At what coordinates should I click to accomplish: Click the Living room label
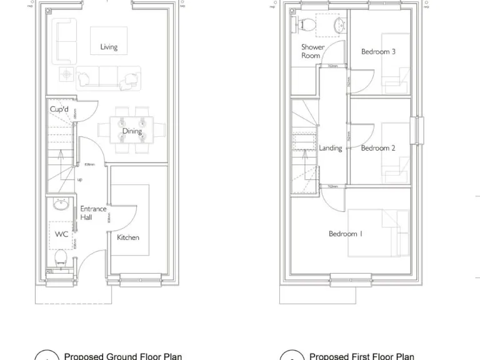[109, 47]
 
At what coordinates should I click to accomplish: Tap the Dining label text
[132, 131]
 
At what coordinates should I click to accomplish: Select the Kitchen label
[128, 237]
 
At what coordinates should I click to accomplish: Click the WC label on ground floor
[61, 234]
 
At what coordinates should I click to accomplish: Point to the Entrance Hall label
[93, 213]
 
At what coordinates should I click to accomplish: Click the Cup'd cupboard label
[59, 109]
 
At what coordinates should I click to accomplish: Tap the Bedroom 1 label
[346, 234]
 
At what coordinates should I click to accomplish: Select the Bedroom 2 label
[378, 148]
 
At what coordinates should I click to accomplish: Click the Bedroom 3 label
[378, 52]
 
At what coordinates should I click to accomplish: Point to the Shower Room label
[312, 51]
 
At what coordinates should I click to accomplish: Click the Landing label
[331, 148]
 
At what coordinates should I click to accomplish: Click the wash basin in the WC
[61, 204]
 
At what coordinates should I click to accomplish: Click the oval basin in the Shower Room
[338, 25]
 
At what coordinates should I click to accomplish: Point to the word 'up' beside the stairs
[79, 179]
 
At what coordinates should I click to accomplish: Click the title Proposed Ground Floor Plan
[123, 356]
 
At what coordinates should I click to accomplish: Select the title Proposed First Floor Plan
[362, 356]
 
